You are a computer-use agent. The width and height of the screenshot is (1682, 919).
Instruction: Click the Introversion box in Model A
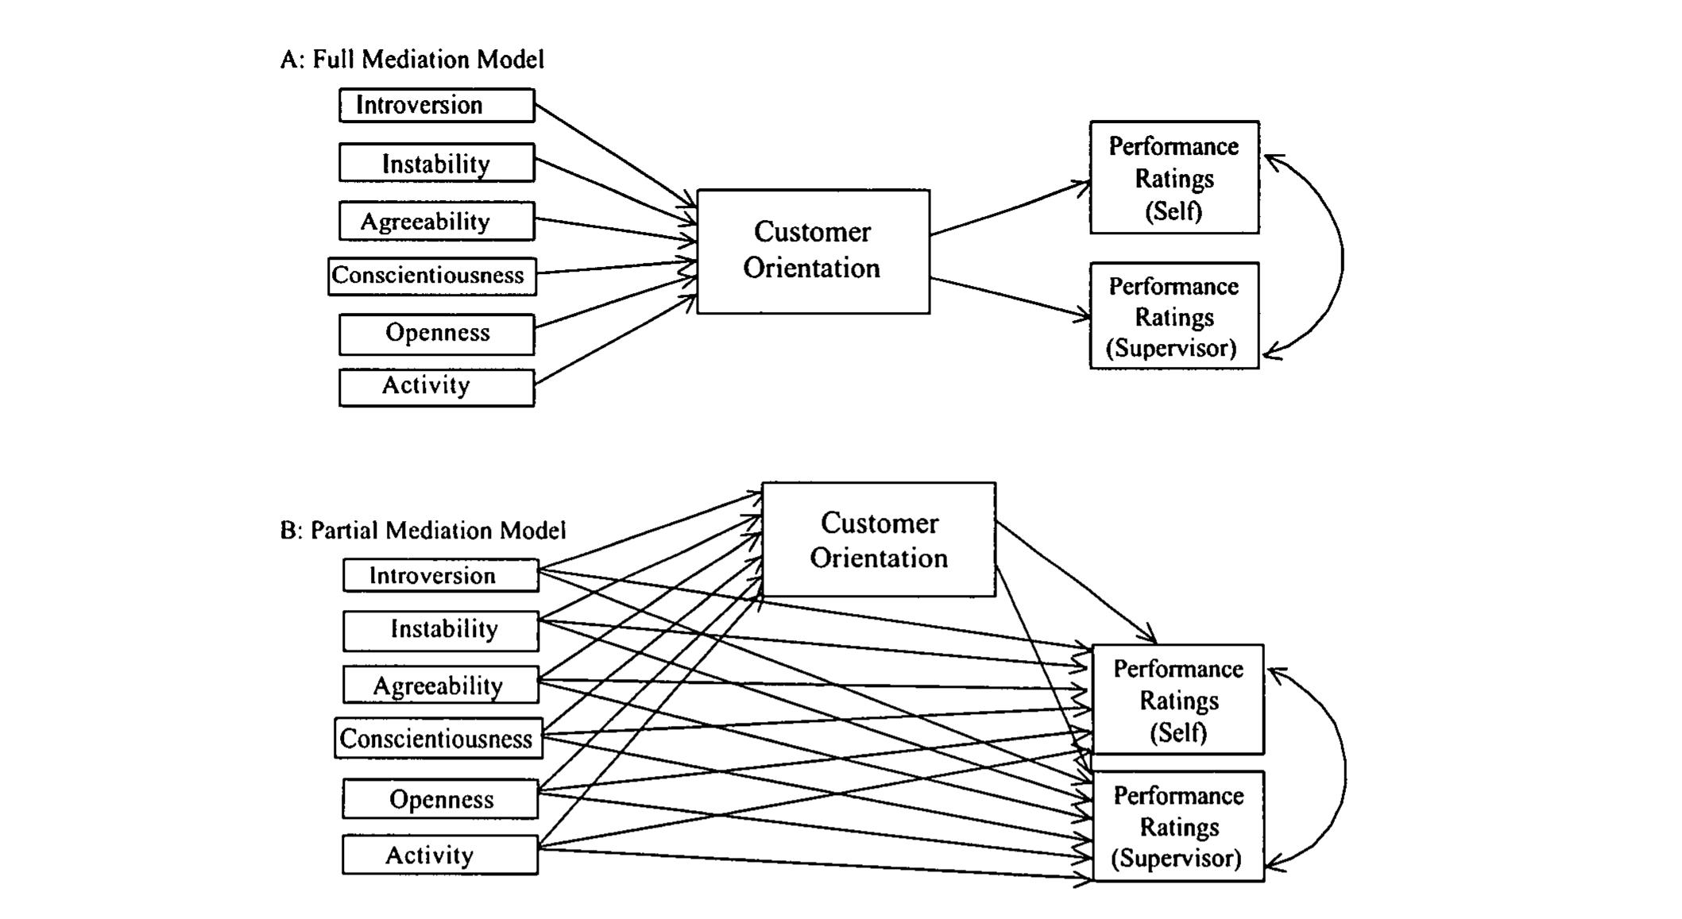coord(436,105)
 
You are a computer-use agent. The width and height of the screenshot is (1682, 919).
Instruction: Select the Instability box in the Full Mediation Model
coord(436,163)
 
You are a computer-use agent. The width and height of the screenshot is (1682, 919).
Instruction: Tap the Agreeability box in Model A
coord(436,221)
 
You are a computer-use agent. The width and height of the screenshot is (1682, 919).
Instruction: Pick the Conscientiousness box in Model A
coord(431,276)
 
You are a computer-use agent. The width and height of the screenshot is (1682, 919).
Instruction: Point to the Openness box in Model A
coord(436,333)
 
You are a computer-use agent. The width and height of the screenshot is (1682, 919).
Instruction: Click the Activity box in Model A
coord(436,387)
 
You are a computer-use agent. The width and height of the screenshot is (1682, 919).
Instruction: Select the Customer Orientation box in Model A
coord(812,251)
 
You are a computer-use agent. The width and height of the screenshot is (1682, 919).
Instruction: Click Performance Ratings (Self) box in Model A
coord(1174,178)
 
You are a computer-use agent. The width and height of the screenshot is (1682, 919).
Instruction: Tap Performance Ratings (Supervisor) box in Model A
coord(1174,316)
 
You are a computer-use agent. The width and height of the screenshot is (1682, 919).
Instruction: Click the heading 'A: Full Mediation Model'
coord(412,60)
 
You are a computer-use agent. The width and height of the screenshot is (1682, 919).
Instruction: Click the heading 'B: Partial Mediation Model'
coord(423,531)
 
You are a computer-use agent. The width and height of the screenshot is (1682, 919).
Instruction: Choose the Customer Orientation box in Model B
coord(878,539)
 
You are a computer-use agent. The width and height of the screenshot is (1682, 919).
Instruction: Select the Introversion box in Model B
coord(440,575)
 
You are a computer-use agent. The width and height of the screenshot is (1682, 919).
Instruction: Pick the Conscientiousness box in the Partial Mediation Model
coord(438,739)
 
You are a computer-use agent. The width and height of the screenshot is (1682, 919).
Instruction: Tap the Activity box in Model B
coord(439,855)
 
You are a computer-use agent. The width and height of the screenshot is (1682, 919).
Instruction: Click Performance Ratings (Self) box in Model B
coord(1177,700)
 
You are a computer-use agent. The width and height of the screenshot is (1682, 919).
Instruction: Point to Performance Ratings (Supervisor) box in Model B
coord(1177,826)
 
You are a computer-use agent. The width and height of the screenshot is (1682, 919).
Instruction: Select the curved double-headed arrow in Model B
coord(1344,770)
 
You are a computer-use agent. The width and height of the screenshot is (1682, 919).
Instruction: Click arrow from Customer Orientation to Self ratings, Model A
coord(1009,209)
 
